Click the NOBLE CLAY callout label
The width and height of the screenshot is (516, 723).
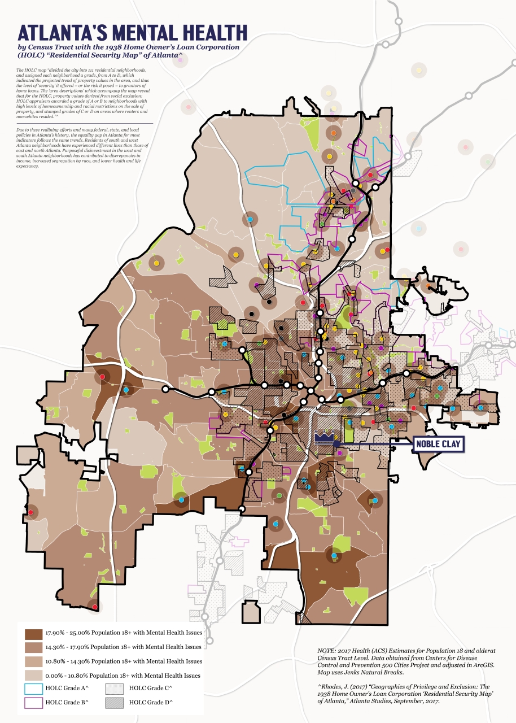point(439,445)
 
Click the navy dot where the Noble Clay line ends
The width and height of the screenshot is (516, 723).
point(336,445)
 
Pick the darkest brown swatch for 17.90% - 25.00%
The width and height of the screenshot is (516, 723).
point(33,633)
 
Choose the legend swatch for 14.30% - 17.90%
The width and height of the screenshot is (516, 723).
point(33,647)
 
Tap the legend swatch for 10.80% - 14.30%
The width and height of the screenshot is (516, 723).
point(33,661)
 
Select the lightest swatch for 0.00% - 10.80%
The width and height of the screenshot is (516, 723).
point(33,675)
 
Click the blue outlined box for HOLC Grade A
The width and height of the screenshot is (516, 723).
point(33,689)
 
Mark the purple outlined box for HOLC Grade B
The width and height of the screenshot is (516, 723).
point(33,703)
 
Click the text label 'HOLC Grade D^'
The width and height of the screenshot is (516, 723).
point(151,703)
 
